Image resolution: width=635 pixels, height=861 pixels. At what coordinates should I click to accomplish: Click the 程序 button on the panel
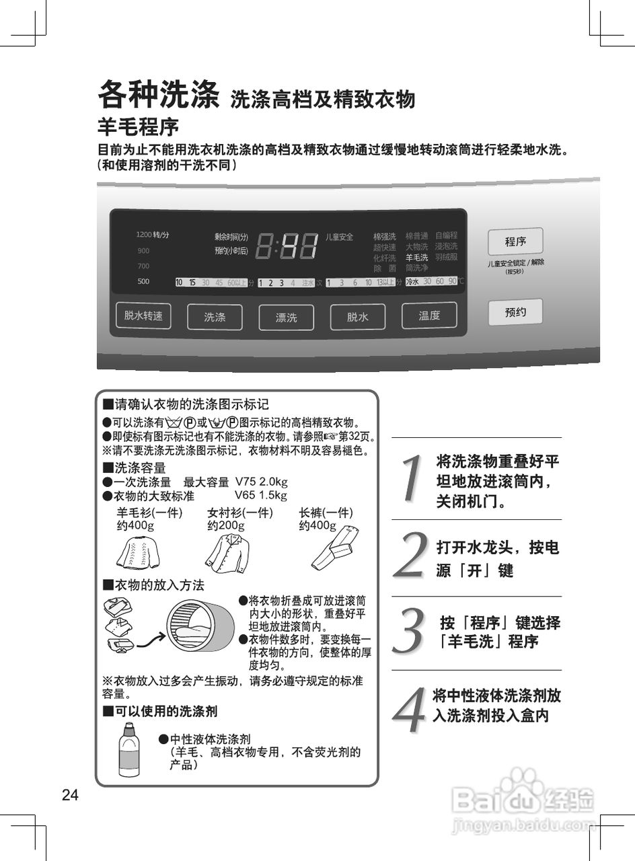tap(515, 241)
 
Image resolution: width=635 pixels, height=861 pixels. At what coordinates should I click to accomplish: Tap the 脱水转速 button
tap(143, 315)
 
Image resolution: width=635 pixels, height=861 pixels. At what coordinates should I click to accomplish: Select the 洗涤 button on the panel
tap(215, 317)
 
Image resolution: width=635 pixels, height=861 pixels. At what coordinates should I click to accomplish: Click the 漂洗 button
tap(286, 317)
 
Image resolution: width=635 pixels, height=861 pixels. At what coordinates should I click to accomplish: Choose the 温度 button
tap(429, 315)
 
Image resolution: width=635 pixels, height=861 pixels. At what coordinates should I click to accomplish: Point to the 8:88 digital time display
tap(287, 246)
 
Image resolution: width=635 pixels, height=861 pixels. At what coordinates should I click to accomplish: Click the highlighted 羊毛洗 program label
tap(416, 258)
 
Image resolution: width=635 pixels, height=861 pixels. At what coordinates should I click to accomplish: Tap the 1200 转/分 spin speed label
tap(152, 235)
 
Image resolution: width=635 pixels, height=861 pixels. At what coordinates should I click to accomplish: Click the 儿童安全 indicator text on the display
tap(339, 237)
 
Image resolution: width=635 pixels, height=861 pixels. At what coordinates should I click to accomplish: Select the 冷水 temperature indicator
tap(412, 281)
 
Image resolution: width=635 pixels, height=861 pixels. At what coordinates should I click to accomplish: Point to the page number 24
tap(70, 796)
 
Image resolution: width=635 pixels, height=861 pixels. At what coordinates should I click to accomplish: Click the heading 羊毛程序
tap(138, 126)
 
